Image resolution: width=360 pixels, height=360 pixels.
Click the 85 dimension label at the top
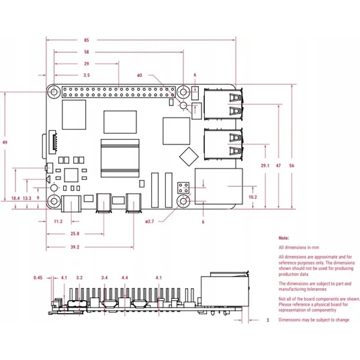coord(87,40)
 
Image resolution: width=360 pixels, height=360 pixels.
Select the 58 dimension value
coord(87,52)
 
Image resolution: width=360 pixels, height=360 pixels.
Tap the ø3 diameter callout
coord(140,75)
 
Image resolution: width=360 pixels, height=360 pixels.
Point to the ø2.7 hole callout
coord(150,222)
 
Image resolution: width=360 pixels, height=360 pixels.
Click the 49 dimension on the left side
coord(5,142)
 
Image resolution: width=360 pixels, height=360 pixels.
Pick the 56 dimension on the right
coord(291,165)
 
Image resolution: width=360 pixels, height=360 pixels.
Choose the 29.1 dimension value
coord(265,165)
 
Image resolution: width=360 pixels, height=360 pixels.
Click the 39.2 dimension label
coord(75,247)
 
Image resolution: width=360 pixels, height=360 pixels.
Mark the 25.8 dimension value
coord(75,234)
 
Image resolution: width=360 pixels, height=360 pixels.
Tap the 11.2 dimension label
coord(58,222)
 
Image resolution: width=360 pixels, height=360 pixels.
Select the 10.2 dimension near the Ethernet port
coord(253,197)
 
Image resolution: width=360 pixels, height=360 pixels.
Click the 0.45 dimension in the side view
coord(38,278)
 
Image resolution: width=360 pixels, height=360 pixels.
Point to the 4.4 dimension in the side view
coord(125,278)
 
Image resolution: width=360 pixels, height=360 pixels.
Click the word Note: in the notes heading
coord(284,238)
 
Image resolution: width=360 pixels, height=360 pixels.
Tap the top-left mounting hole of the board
coord(54,92)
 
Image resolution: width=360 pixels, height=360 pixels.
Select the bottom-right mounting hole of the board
coord(183,201)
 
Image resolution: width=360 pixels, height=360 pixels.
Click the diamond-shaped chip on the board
coord(189,156)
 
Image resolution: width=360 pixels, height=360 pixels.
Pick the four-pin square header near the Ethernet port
coord(183,187)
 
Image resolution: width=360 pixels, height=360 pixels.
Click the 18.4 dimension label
coord(15,198)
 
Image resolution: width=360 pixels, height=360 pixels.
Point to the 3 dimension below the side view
coord(268,320)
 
